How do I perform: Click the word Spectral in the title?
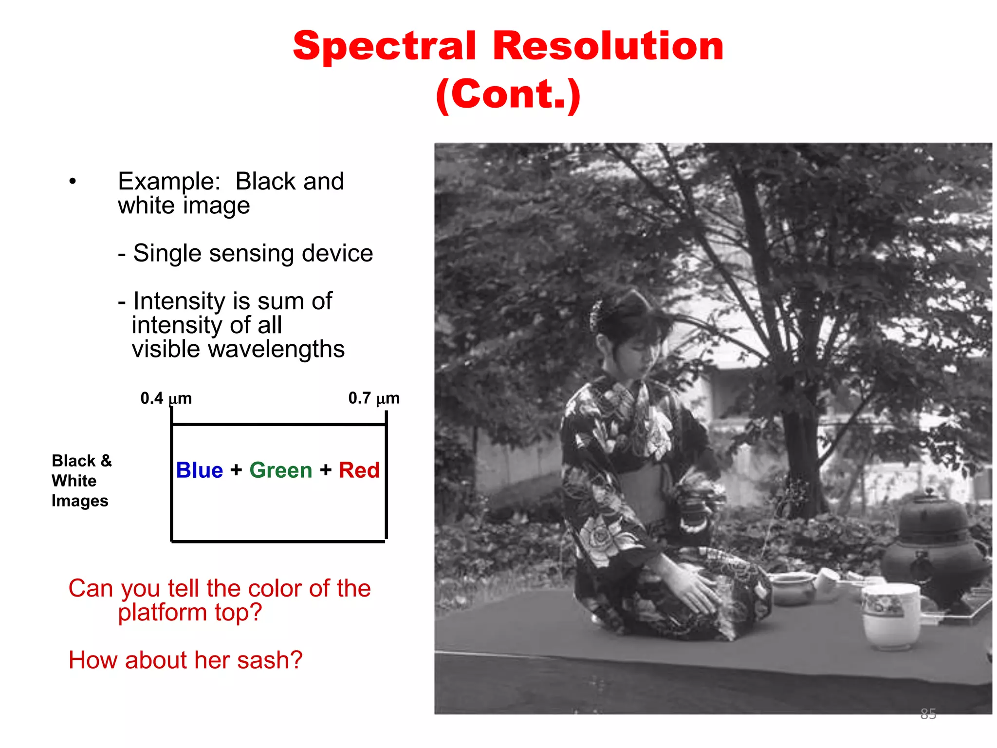click(385, 46)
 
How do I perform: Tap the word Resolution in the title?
click(608, 46)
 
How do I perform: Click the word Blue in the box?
click(199, 470)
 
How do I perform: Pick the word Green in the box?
click(280, 470)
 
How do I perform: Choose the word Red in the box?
click(359, 470)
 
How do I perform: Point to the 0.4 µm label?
click(166, 398)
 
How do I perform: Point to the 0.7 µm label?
click(373, 398)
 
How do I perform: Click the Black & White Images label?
click(81, 481)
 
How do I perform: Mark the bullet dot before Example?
click(73, 182)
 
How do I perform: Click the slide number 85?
click(928, 714)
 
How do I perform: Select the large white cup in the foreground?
click(891, 616)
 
